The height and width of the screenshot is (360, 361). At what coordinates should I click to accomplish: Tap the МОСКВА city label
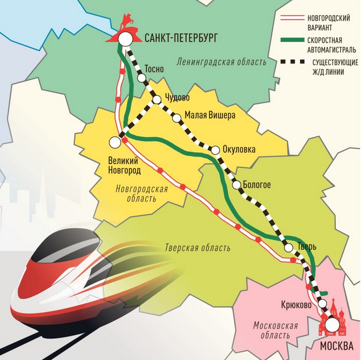(x=336, y=346)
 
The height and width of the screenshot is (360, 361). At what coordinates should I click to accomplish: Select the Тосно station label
(x=154, y=69)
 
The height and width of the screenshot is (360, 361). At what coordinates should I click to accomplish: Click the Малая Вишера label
(x=210, y=115)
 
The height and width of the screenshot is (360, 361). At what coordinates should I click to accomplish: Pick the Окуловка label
(x=239, y=149)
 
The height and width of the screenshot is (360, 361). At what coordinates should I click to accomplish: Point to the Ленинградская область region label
(x=221, y=62)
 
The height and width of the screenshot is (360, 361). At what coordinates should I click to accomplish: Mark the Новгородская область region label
(x=142, y=194)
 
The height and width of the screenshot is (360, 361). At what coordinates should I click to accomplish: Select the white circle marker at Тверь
(x=289, y=248)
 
